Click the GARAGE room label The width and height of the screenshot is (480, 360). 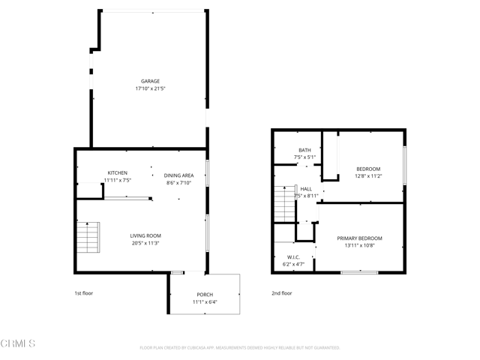click(150, 81)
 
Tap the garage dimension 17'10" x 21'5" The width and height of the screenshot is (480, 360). click(150, 88)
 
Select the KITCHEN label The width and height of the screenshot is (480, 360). click(117, 172)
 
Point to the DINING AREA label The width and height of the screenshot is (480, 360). click(178, 175)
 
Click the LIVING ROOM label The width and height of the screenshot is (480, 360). click(145, 235)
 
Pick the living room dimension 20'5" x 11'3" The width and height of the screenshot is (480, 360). click(145, 243)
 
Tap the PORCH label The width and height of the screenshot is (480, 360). click(205, 294)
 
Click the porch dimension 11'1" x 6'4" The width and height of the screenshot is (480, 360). click(205, 301)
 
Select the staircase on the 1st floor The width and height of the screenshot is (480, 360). click(88, 238)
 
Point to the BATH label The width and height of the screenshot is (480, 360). click(304, 150)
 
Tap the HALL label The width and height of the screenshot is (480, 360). click(306, 189)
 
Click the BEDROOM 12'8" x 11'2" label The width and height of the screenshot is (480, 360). click(368, 169)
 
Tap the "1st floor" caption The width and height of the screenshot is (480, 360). click(84, 293)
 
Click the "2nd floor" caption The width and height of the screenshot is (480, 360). click(282, 293)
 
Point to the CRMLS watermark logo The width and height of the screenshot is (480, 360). click(18, 344)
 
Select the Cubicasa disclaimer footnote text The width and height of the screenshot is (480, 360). click(240, 348)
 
